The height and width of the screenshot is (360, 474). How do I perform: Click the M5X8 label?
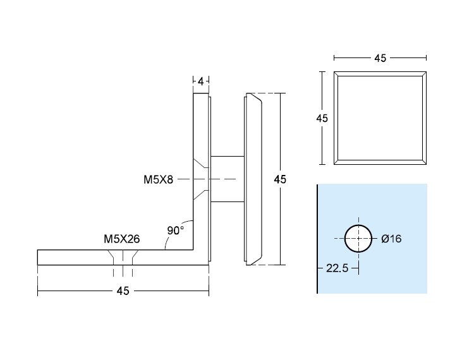coord(158,179)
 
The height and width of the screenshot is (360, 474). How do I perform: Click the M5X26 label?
coord(121,239)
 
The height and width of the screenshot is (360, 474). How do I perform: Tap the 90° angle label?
coord(175,231)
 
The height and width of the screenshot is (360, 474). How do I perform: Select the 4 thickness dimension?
coord(201,81)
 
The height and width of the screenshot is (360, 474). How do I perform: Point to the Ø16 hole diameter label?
coord(391,239)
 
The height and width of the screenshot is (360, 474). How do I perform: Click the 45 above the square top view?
coord(380,58)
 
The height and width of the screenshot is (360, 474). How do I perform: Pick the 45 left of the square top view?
coord(322,118)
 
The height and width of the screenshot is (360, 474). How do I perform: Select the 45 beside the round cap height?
coord(280,179)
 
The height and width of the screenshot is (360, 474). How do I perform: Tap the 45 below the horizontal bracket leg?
coord(123,291)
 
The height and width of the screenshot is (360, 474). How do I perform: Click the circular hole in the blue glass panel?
coord(358,238)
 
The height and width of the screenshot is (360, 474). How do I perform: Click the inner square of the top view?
coord(380,117)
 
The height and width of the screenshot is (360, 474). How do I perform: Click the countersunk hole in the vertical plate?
coord(201,179)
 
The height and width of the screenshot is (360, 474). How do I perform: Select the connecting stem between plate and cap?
coord(226,179)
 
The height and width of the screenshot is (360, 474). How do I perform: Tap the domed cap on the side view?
coord(253,179)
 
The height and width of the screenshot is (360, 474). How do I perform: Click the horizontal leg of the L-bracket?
coord(82,257)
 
